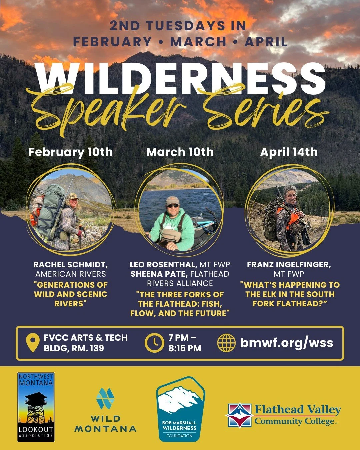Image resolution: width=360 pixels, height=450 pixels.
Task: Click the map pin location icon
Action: coord(33,343)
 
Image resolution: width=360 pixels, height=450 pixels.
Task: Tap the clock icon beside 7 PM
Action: coord(154,343)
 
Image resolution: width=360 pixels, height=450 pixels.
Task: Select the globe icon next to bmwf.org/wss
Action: coord(226,343)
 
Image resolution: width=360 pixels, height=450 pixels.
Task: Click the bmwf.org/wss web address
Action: coord(287,343)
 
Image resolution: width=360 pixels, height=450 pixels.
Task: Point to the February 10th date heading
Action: coord(70,152)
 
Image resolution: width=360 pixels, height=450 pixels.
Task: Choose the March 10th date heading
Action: coord(180,152)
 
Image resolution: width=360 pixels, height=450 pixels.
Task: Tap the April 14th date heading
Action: coord(289,152)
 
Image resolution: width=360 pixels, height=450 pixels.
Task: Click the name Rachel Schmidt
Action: coord(70,265)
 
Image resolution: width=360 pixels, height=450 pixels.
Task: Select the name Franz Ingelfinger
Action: coord(289,265)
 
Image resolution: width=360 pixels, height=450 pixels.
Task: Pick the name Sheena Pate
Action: coord(158,274)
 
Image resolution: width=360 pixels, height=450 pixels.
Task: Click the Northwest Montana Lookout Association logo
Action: coord(36,407)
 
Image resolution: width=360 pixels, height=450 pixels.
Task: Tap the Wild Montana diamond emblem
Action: coord(105,398)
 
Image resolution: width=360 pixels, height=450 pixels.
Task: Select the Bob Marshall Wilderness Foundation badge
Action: coord(180,409)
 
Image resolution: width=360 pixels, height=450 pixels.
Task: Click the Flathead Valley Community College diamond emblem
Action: coord(239,415)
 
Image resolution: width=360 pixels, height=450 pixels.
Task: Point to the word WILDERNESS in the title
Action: coord(180,79)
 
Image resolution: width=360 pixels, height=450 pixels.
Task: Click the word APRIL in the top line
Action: coord(266,42)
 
